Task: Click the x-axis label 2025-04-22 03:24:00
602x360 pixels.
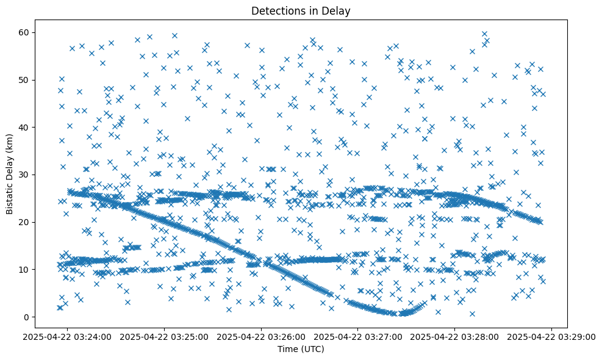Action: point(68,336)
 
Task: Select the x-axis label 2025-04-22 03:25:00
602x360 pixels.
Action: point(165,336)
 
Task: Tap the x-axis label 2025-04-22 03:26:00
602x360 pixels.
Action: point(262,336)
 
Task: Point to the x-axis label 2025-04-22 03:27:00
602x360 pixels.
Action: point(359,336)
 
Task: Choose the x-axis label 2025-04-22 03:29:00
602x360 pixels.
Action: point(552,336)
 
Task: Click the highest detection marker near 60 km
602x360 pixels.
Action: point(484,34)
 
